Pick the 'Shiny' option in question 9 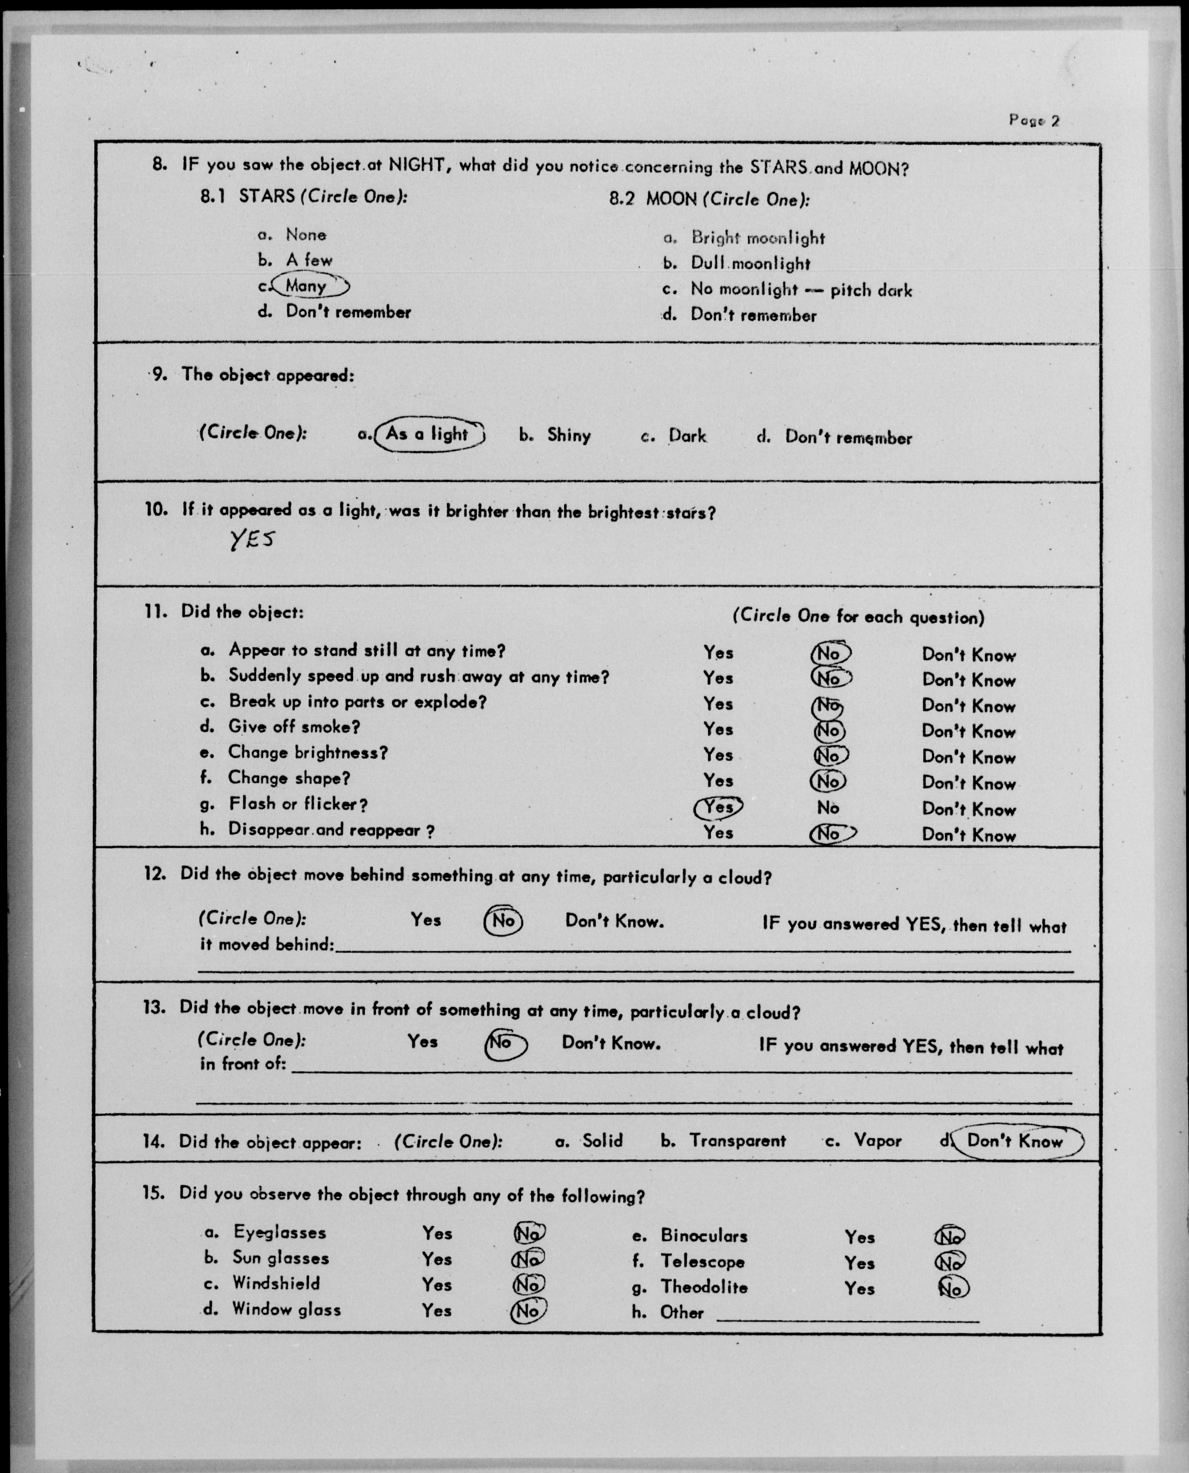pos(568,436)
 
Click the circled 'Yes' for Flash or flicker pos(718,808)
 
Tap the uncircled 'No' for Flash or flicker pos(828,808)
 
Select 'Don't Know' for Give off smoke pos(968,732)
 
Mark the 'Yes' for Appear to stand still pos(718,653)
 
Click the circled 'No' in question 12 pos(503,921)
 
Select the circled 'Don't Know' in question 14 pos(1016,1142)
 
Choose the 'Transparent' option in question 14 pos(737,1141)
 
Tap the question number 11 pos(155,611)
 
